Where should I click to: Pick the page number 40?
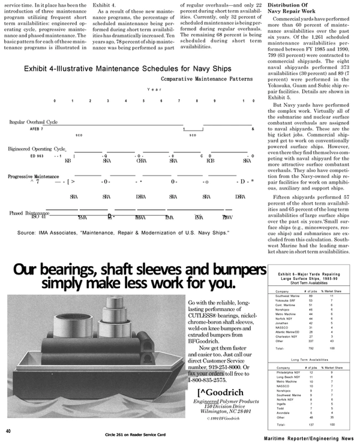click(8, 431)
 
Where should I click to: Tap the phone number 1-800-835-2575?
click(208, 379)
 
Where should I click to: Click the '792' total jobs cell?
click(311, 348)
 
